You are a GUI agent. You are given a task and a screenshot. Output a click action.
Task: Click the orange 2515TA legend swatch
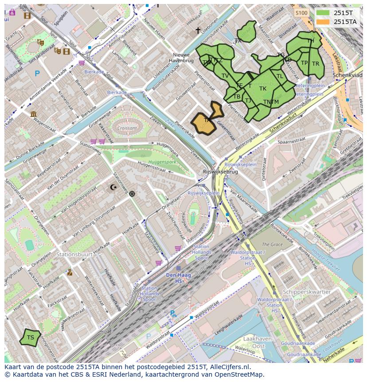(323, 21)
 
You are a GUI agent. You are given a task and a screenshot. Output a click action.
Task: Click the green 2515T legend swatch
(323, 13)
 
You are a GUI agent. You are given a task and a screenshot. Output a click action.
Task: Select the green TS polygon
(30, 338)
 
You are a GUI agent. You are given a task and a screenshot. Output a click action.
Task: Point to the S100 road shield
(301, 13)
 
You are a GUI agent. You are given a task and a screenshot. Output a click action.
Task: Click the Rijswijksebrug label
(220, 172)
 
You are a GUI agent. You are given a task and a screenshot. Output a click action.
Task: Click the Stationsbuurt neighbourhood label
(74, 255)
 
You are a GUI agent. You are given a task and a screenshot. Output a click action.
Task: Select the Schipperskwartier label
(307, 292)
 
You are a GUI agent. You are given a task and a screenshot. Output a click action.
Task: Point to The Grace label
(272, 244)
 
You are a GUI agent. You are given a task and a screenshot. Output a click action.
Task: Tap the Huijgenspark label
(162, 162)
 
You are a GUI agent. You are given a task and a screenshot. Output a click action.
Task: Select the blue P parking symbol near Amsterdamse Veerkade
(37, 74)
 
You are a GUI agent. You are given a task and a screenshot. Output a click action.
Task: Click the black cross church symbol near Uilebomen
(198, 30)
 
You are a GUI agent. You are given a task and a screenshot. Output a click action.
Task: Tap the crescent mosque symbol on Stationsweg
(113, 187)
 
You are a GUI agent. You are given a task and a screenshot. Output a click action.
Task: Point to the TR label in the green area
(315, 64)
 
